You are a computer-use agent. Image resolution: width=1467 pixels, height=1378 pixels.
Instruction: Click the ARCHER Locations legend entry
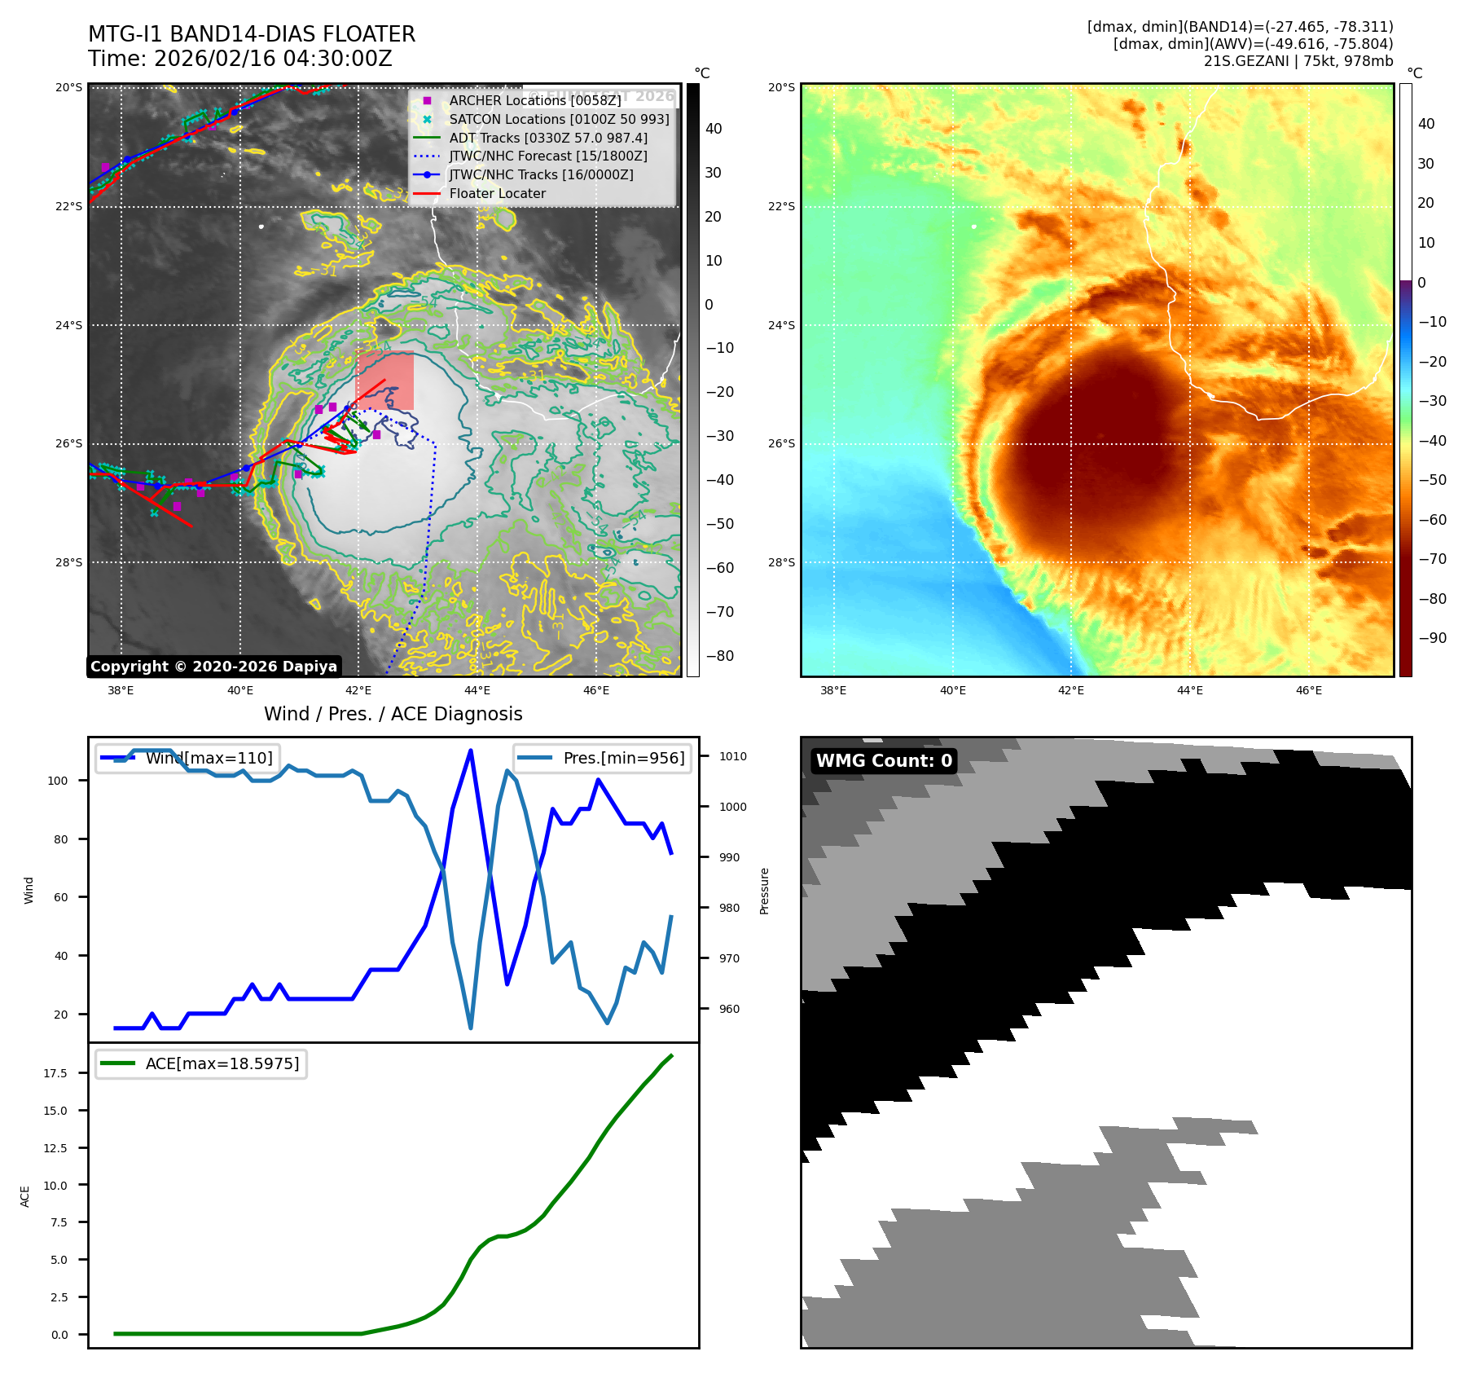(534, 100)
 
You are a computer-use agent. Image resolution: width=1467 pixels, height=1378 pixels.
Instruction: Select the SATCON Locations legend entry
(559, 119)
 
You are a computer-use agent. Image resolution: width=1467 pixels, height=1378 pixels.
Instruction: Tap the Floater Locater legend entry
(497, 193)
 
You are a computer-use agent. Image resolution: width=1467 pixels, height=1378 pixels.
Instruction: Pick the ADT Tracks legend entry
(548, 138)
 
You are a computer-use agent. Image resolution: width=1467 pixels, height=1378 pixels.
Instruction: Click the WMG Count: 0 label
(884, 760)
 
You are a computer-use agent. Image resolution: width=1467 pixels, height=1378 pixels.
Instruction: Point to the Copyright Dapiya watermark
(213, 667)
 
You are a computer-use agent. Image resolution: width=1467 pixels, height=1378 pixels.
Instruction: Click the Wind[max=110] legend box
(188, 758)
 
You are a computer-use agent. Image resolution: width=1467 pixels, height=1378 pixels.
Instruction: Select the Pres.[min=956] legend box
(603, 758)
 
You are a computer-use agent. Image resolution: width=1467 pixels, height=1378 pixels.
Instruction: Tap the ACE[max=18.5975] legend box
(201, 1063)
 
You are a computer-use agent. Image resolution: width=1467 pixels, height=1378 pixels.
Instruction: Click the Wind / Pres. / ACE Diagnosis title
(393, 714)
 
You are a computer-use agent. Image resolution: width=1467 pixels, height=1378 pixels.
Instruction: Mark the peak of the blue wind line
(471, 751)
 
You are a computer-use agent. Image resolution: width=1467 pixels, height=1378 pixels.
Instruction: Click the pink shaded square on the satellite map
(385, 380)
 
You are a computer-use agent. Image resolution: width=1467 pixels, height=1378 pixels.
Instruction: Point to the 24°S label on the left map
(69, 325)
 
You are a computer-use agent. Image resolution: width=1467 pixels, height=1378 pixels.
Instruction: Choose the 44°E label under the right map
(1190, 690)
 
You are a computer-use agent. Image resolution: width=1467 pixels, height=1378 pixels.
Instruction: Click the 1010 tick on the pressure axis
(732, 756)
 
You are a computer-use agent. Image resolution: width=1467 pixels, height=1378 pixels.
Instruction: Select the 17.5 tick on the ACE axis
(55, 1073)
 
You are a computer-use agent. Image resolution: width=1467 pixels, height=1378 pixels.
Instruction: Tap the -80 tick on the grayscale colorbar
(720, 656)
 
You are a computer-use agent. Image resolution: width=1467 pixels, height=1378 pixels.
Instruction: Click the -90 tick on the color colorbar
(1432, 638)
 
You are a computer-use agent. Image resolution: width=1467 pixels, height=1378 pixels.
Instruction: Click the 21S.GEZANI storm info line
(1298, 61)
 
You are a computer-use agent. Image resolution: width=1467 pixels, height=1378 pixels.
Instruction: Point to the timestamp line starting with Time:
(240, 59)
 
